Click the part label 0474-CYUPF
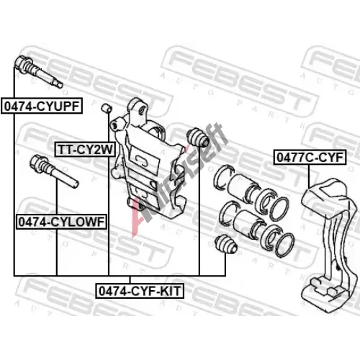pyautogui.click(x=42, y=106)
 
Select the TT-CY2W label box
pyautogui.click(x=85, y=150)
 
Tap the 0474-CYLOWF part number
pyautogui.click(x=61, y=222)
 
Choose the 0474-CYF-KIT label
pyautogui.click(x=140, y=291)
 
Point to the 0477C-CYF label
pyautogui.click(x=310, y=158)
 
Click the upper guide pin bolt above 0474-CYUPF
pyautogui.click(x=38, y=71)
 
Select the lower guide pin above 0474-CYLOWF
pyautogui.click(x=54, y=171)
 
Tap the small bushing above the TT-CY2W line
pyautogui.click(x=107, y=108)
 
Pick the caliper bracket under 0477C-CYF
pyautogui.click(x=329, y=240)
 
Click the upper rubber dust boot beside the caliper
pyautogui.click(x=197, y=138)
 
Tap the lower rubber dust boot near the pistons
pyautogui.click(x=225, y=244)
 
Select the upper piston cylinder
pyautogui.click(x=240, y=187)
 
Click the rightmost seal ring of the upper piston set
pyautogui.click(x=279, y=208)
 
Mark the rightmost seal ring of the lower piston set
pyautogui.click(x=284, y=245)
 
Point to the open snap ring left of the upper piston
pyautogui.click(x=221, y=178)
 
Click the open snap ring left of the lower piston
pyautogui.click(x=228, y=214)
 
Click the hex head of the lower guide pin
pyautogui.click(x=38, y=162)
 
